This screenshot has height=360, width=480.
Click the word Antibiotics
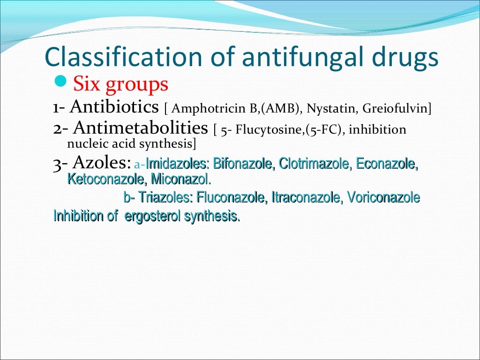pyautogui.click(x=114, y=107)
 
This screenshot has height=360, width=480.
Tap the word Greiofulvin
pyautogui.click(x=395, y=109)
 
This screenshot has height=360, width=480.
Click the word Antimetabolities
pyautogui.click(x=140, y=128)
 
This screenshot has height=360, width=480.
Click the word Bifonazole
pyautogui.click(x=242, y=164)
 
